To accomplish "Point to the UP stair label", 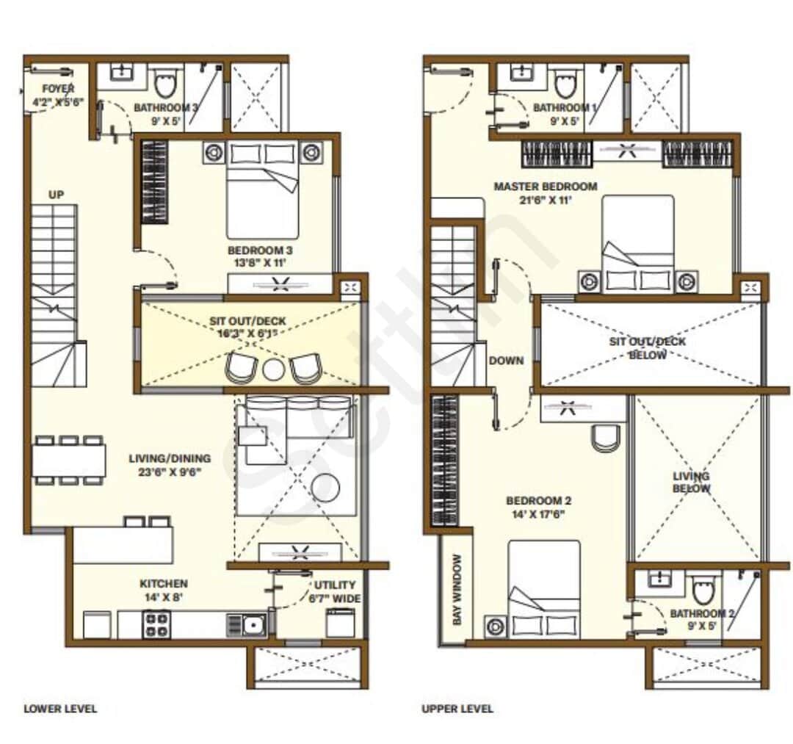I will (57, 195).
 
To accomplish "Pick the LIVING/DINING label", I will (164, 466).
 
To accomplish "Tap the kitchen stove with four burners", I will (156, 624).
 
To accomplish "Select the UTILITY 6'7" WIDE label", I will (335, 591).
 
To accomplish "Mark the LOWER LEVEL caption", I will (60, 709).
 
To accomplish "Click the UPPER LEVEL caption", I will (457, 709).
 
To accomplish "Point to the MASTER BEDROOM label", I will (545, 192).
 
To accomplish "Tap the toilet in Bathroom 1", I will (565, 82).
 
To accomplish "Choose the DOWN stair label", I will (507, 361).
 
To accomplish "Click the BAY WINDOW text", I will (457, 590).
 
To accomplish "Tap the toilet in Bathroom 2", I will (702, 588).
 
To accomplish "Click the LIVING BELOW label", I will (691, 483).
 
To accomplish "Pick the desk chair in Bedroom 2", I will (606, 438).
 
